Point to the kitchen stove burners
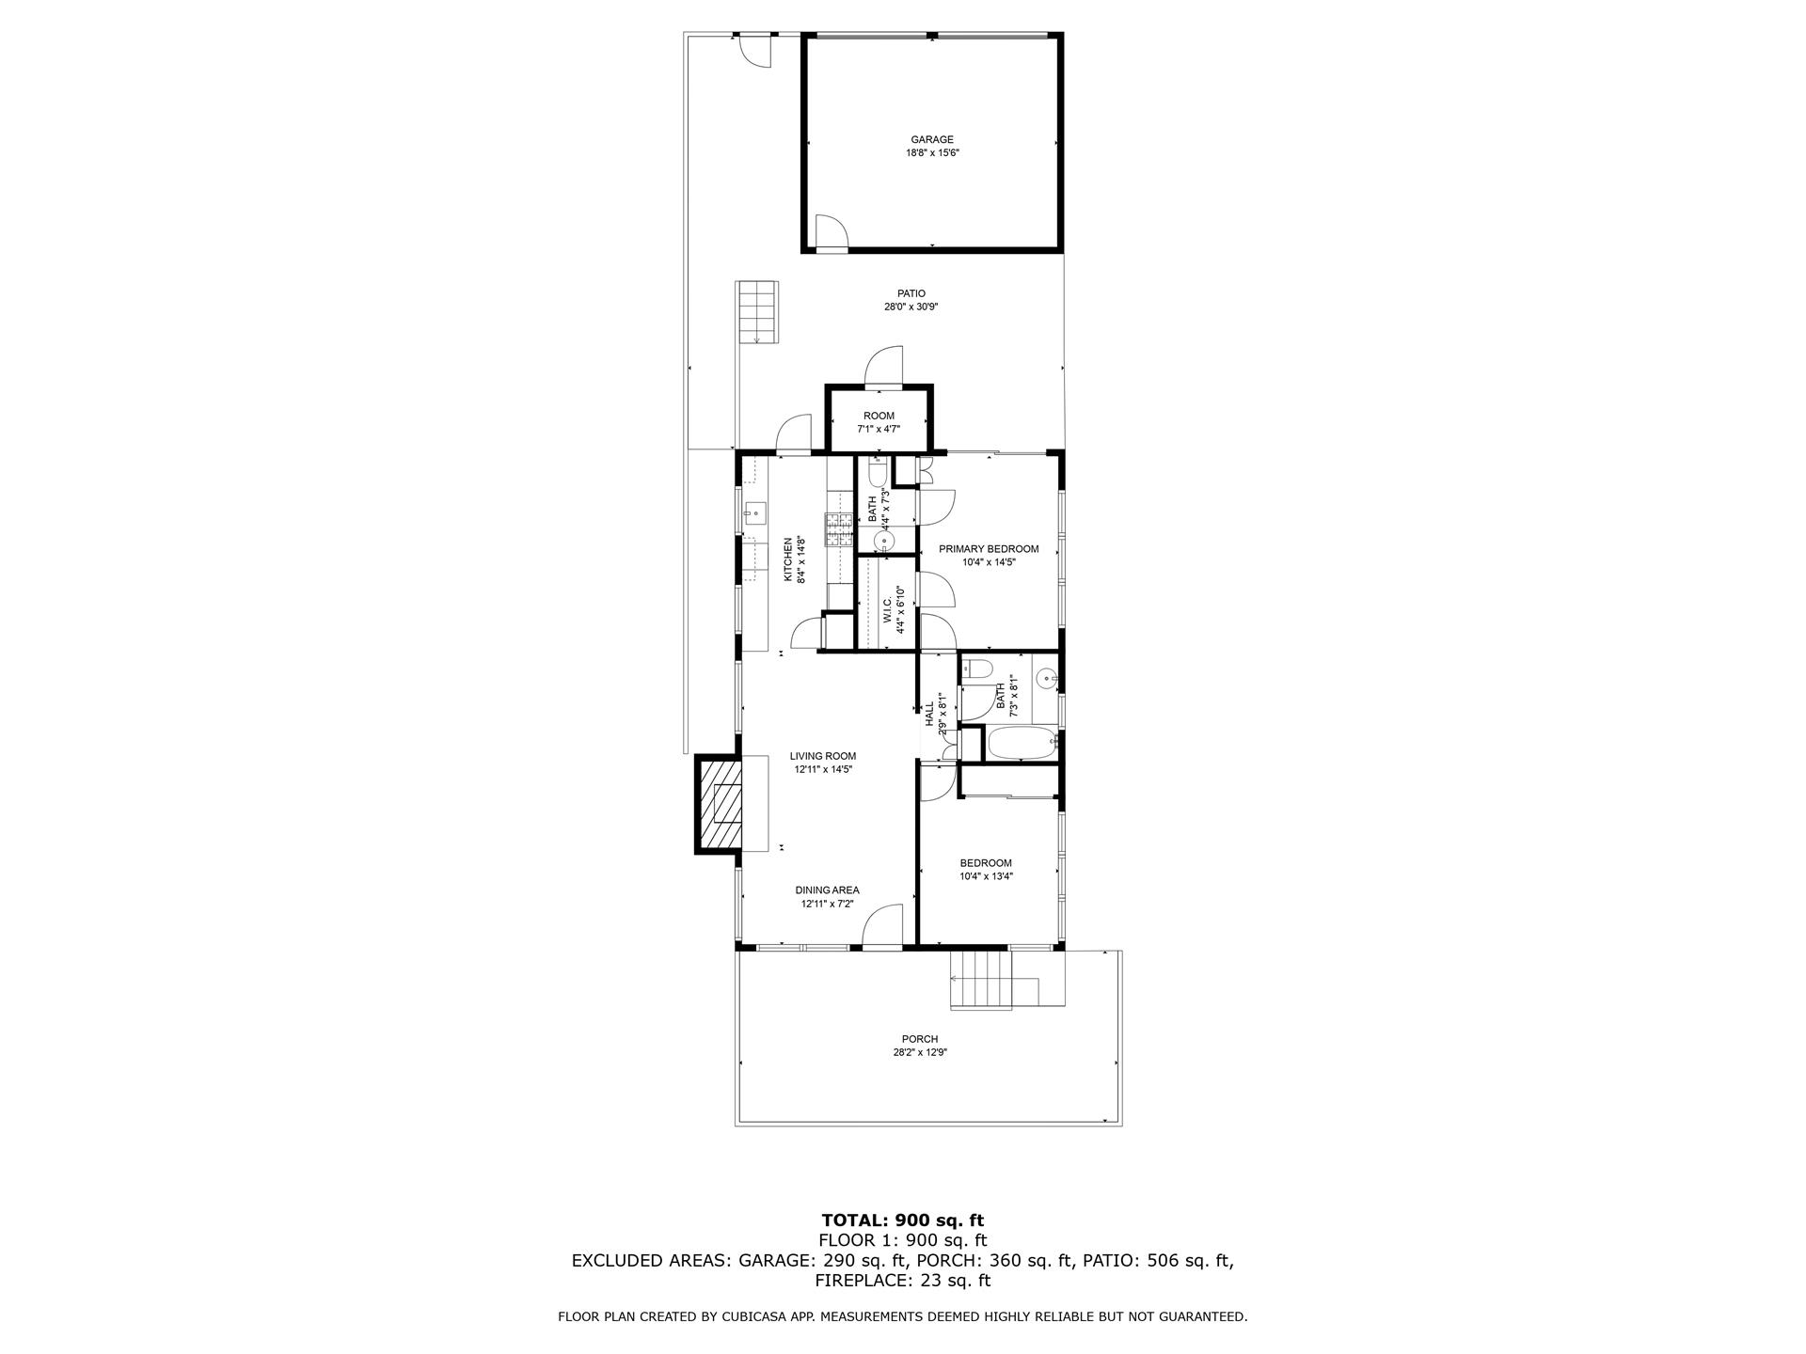tap(839, 530)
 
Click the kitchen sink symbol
tap(755, 512)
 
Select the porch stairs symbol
tap(983, 980)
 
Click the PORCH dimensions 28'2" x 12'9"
tap(919, 1053)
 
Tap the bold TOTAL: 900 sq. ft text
tap(902, 1221)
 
